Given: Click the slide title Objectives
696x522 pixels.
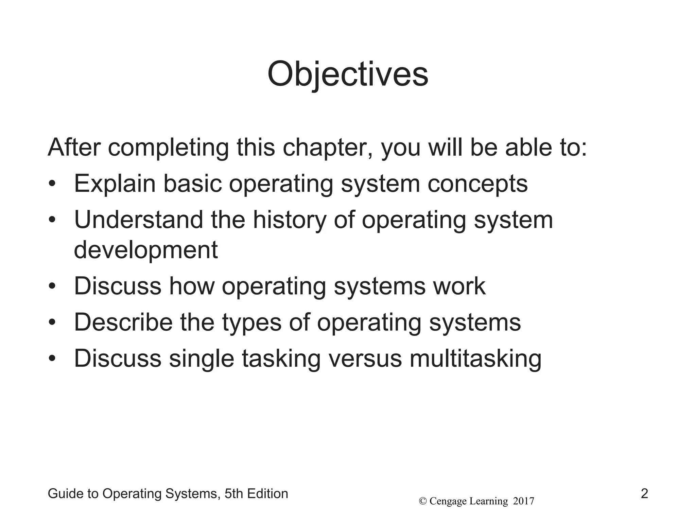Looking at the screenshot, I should tap(348, 74).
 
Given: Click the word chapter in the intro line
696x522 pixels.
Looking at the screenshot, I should tap(328, 148).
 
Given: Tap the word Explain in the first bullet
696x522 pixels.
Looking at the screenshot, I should tap(115, 184).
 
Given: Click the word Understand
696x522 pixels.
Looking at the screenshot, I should tap(139, 220).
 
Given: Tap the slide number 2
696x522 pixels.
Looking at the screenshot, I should tap(644, 493).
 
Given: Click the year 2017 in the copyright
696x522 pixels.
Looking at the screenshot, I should tap(523, 501).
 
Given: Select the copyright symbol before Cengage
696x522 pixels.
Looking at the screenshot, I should tap(423, 501).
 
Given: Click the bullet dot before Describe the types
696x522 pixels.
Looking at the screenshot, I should tap(52, 323).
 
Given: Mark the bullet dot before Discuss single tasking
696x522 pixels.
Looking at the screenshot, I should tap(52, 359).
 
